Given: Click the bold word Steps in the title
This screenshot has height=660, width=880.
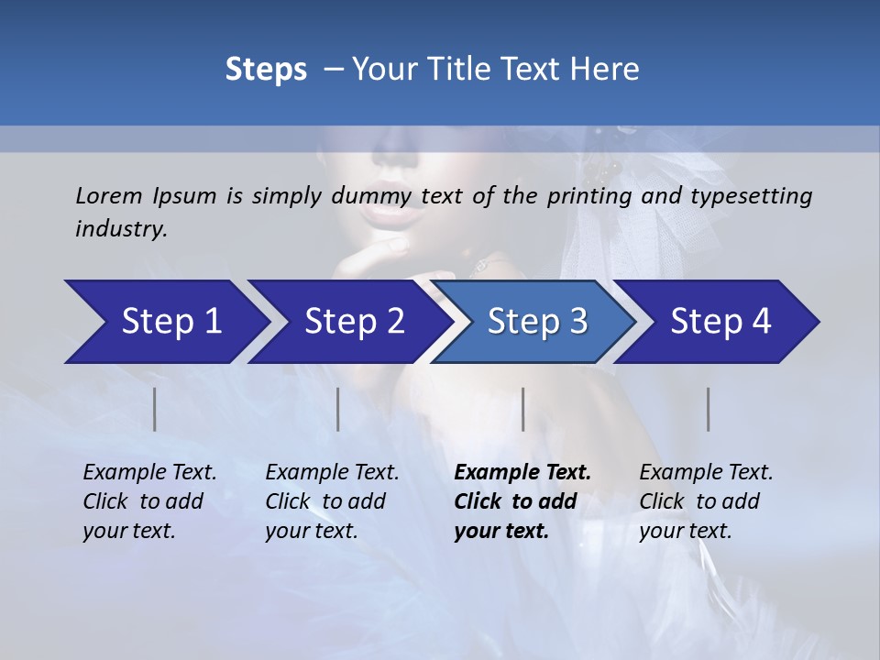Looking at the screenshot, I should tap(266, 70).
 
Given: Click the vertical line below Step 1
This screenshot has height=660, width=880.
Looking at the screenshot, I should tap(155, 409).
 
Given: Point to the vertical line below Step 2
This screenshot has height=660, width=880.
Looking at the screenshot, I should tap(338, 409).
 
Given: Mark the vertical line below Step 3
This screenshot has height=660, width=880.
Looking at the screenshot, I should tap(523, 409).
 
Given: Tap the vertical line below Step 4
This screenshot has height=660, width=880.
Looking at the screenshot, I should tap(709, 409).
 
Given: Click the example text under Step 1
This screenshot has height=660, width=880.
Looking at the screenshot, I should tap(149, 501).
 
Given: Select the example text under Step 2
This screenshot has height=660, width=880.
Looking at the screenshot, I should tap(332, 501).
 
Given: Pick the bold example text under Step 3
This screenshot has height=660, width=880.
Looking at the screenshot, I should tap(522, 501).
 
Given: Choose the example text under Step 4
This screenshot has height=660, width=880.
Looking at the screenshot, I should tap(706, 501).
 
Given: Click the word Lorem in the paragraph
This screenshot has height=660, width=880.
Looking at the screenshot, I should tap(109, 195).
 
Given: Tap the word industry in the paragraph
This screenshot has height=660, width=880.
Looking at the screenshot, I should tap(120, 228).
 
